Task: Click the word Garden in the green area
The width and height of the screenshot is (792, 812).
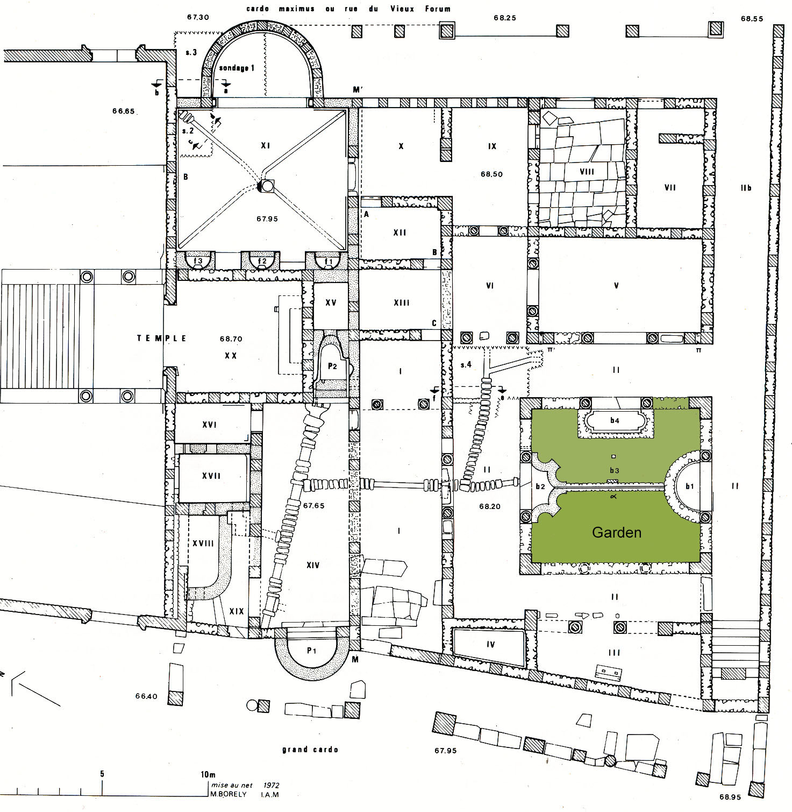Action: point(616,532)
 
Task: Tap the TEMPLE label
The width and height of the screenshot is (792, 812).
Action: point(162,338)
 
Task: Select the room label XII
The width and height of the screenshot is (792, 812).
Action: point(399,232)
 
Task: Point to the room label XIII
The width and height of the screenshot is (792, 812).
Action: point(401,303)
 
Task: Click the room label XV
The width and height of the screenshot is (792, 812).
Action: point(331,303)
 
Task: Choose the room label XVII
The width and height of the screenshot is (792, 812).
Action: point(211,476)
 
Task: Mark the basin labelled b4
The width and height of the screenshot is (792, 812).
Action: point(615,420)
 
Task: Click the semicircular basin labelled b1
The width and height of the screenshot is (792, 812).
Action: point(690,486)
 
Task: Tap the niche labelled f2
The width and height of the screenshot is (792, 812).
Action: point(262,261)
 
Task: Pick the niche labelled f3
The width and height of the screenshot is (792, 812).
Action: point(198,261)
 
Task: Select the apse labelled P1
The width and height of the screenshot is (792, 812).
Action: point(311,650)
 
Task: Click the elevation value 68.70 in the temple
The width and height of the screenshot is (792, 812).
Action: point(231,339)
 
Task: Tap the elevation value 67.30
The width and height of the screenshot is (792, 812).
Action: point(197,17)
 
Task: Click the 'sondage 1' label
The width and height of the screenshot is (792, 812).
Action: point(237,68)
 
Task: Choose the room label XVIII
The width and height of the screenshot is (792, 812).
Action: point(203,543)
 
